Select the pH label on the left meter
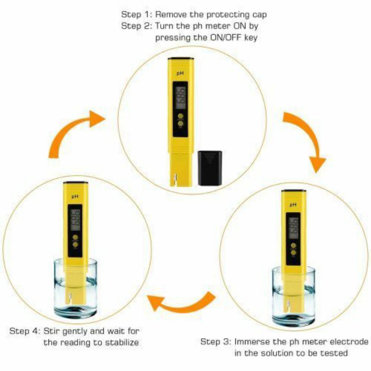[x=75, y=196]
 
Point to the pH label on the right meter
[x=293, y=205]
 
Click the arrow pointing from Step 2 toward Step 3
[x=306, y=141]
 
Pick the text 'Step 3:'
[x=216, y=342]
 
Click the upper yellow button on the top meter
[x=180, y=116]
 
